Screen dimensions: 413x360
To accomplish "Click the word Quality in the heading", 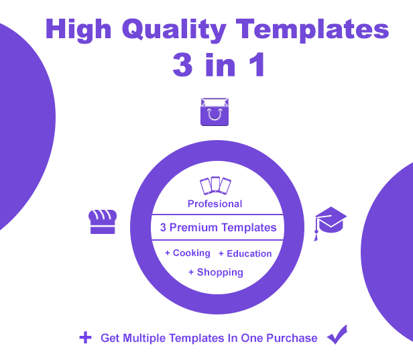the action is (x=174, y=29).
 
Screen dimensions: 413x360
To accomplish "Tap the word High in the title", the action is (x=78, y=30).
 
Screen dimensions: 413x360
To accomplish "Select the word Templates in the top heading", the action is (x=312, y=30).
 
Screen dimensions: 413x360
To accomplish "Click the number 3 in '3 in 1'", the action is (x=182, y=64).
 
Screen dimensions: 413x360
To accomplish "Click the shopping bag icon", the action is (x=215, y=112).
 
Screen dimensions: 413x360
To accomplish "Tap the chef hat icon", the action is (x=103, y=221).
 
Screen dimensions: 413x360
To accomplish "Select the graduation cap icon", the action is (x=331, y=223).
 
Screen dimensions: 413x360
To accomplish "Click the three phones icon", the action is (x=215, y=186).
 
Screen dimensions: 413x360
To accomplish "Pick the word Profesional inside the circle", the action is (x=215, y=204).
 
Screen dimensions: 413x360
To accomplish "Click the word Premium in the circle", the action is (x=194, y=227).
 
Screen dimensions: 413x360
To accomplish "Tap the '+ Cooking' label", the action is (x=188, y=253).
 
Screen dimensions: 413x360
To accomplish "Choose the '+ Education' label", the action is (x=245, y=253).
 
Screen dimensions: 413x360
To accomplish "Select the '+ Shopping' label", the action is (x=216, y=272).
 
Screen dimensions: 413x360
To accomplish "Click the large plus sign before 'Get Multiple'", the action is (x=85, y=338).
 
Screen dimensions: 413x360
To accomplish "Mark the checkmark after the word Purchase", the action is (x=337, y=335).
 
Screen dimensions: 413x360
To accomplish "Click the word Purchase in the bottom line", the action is (x=292, y=338).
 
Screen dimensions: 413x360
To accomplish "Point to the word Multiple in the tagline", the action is (x=144, y=339).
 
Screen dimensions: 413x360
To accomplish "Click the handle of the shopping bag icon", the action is (x=215, y=115).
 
